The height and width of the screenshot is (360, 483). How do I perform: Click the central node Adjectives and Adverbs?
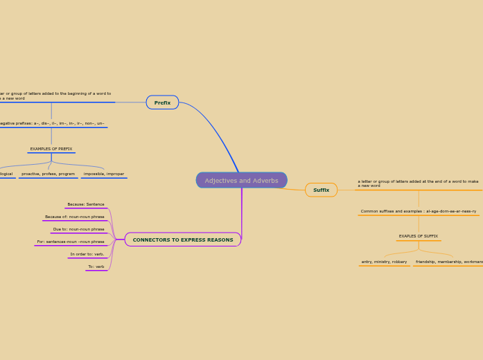pyautogui.click(x=241, y=181)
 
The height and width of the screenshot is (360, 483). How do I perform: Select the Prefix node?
pyautogui.click(x=162, y=102)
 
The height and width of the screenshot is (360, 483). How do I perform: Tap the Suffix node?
pyautogui.click(x=321, y=190)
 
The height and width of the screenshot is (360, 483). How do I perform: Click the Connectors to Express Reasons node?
pyautogui.click(x=183, y=240)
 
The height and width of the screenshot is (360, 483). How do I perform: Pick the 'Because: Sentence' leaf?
pyautogui.click(x=86, y=204)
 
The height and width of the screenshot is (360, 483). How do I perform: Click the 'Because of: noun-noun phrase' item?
pyautogui.click(x=75, y=217)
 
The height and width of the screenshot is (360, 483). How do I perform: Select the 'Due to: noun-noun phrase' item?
pyautogui.click(x=79, y=229)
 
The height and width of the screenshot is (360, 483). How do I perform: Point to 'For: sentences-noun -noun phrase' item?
pyautogui.click(x=71, y=242)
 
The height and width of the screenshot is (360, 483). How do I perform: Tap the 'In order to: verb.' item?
pyautogui.click(x=87, y=254)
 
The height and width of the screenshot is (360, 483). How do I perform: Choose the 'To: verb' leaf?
pyautogui.click(x=96, y=267)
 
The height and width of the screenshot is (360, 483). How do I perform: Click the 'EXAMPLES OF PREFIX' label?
pyautogui.click(x=51, y=149)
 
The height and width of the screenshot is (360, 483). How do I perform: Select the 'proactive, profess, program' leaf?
pyautogui.click(x=48, y=174)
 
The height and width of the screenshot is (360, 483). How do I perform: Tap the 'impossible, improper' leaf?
pyautogui.click(x=104, y=174)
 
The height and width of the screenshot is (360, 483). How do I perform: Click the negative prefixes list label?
pyautogui.click(x=52, y=123)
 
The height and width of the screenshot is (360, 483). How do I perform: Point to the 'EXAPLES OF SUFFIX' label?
pyautogui.click(x=419, y=236)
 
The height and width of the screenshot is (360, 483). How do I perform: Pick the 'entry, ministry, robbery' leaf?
pyautogui.click(x=384, y=262)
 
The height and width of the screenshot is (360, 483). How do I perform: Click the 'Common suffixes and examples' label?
pyautogui.click(x=419, y=211)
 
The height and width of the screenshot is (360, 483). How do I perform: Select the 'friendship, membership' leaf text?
pyautogui.click(x=448, y=262)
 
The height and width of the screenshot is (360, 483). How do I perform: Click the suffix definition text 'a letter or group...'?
pyautogui.click(x=418, y=183)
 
